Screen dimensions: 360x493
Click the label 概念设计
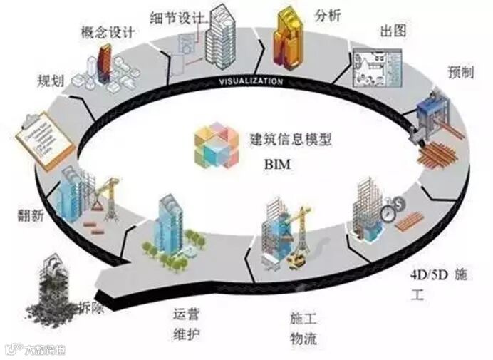pyautogui.click(x=108, y=31)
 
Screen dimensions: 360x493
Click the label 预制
pyautogui.click(x=459, y=71)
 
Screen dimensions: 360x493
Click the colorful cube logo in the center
pyautogui.click(x=215, y=145)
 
